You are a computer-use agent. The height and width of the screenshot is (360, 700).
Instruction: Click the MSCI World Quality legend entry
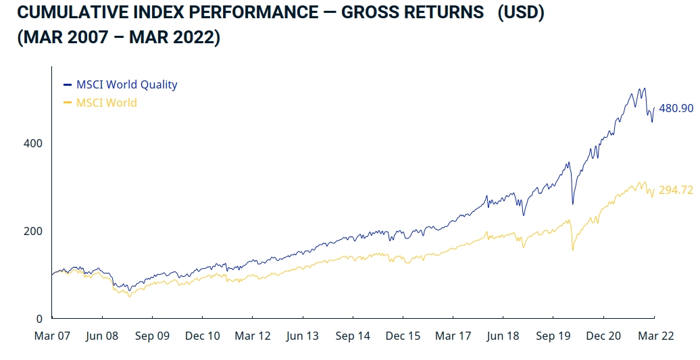click(x=126, y=84)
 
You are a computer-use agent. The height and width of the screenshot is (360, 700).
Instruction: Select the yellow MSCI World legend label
click(x=106, y=103)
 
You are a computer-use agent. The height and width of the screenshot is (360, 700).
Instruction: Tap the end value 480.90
click(x=676, y=108)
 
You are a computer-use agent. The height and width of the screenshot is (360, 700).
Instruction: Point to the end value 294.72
click(x=676, y=190)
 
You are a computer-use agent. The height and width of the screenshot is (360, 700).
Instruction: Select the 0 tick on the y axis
click(x=39, y=318)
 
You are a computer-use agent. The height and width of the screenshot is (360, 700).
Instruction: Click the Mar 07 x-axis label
click(x=52, y=336)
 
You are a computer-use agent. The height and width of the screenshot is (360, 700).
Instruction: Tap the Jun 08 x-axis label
click(x=102, y=336)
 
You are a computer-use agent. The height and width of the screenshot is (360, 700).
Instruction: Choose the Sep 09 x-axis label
click(x=152, y=336)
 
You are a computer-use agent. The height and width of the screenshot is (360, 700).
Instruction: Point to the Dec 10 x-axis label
click(x=202, y=336)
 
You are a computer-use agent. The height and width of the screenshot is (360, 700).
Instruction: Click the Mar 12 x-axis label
click(x=253, y=336)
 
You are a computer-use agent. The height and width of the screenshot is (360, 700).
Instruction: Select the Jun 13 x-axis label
click(x=303, y=336)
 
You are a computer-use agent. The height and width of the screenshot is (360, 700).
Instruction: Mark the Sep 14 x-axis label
click(x=353, y=336)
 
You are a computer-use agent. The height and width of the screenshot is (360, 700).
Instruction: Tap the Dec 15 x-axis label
click(x=403, y=336)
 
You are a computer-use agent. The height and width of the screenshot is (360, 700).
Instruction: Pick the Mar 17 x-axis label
click(x=453, y=336)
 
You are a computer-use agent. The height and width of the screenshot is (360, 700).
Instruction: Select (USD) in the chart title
click(x=520, y=13)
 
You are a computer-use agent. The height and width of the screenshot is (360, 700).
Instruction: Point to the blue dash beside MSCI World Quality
click(x=67, y=85)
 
